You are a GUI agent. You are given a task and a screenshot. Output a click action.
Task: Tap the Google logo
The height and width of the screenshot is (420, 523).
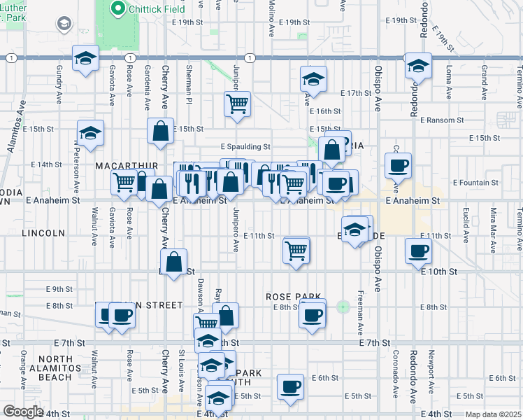pos(22,412)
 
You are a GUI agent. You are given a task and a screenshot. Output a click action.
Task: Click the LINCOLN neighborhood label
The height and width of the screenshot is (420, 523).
pos(43,232)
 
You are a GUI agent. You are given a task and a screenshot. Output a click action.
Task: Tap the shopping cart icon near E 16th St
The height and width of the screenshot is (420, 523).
pos(238,104)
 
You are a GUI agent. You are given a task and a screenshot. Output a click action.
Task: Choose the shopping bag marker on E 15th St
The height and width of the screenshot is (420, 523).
pos(160,131)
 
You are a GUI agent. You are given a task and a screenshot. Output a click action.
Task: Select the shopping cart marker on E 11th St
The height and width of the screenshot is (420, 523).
pos(296,250)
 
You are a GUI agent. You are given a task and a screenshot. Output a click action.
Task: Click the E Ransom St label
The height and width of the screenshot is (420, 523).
pos(443,120)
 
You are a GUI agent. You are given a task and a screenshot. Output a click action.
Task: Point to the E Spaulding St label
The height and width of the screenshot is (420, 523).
pos(245,147)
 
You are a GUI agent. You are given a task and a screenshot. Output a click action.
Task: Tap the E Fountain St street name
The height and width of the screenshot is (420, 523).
pos(475,183)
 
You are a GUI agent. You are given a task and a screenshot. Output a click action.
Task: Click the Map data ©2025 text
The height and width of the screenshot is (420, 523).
pos(493,414)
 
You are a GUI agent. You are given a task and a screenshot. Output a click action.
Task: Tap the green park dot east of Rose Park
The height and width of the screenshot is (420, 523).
pos(343,307)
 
